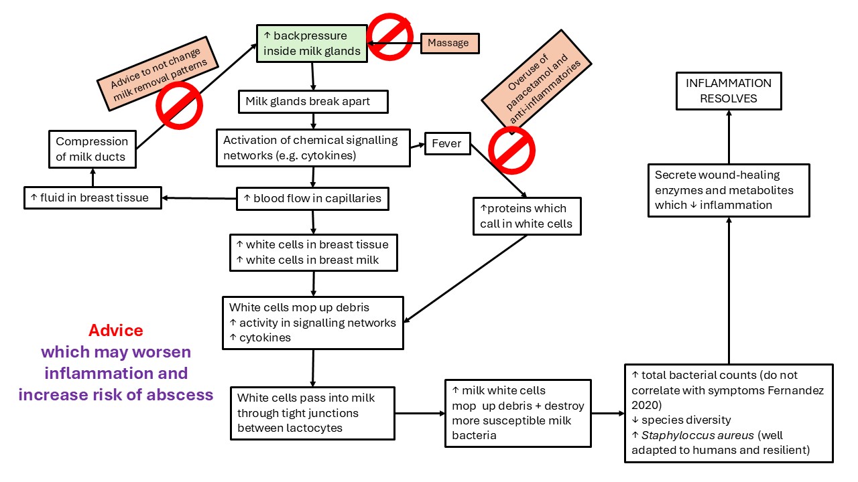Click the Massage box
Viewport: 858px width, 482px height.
(x=448, y=43)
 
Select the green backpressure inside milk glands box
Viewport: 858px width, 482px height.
(x=312, y=44)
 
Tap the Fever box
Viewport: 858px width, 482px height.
(x=447, y=144)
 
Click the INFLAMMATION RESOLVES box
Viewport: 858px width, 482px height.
(x=729, y=91)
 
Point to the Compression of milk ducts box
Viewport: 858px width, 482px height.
(x=92, y=149)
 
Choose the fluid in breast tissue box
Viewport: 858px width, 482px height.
(x=92, y=198)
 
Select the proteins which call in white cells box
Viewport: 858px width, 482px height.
(x=526, y=216)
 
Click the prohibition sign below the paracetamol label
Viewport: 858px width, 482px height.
(x=511, y=150)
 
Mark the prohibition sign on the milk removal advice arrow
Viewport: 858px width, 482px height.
(x=179, y=105)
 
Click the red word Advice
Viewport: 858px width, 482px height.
(x=116, y=331)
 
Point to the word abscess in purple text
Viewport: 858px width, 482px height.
(x=182, y=395)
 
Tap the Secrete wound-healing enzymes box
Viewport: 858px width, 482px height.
(x=729, y=190)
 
